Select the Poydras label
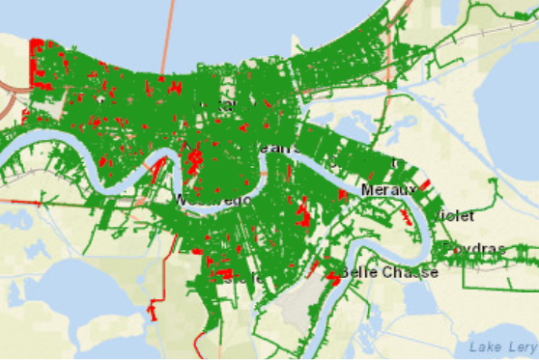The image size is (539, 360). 474,249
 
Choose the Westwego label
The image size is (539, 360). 214,199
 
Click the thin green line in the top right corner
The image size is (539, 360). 502,10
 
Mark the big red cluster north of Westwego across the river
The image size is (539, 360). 193,154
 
